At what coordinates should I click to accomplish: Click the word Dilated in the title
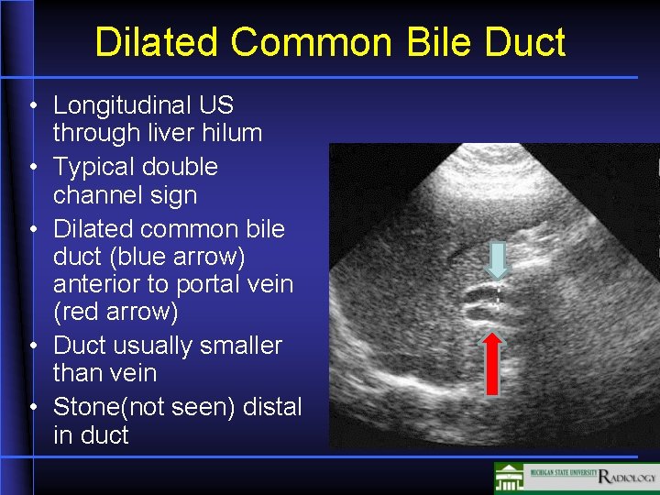156,42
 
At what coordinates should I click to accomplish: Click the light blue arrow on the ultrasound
496,260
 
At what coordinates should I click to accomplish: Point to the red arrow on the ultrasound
493,363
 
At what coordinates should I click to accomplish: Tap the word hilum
234,133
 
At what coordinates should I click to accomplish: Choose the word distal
271,406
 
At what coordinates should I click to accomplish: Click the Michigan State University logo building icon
510,478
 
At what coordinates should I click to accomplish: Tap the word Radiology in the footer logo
627,478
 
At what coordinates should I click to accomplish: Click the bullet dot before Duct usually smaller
32,346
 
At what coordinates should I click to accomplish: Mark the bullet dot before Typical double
32,168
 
